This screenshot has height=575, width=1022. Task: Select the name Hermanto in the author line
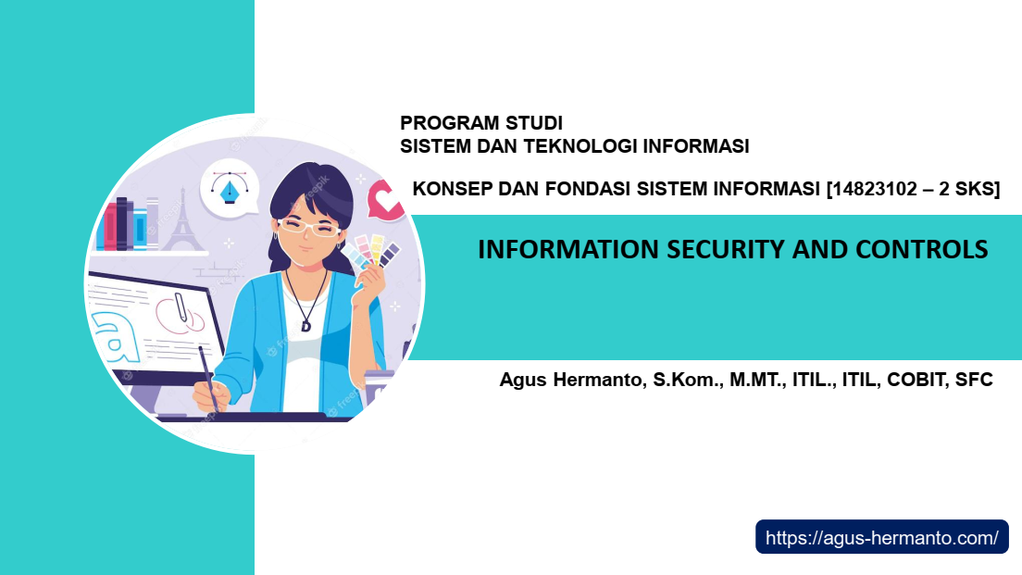click(596, 380)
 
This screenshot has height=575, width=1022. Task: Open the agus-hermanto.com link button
click(882, 537)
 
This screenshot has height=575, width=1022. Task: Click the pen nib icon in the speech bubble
click(230, 188)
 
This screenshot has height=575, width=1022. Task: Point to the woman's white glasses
click(308, 227)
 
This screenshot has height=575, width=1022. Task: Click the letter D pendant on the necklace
click(305, 325)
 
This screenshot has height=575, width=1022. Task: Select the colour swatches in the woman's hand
click(372, 253)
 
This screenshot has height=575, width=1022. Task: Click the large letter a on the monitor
click(117, 337)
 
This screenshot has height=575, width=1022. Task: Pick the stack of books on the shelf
click(128, 224)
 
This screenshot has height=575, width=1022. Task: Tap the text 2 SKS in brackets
click(966, 189)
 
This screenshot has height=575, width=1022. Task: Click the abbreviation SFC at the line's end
click(974, 380)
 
